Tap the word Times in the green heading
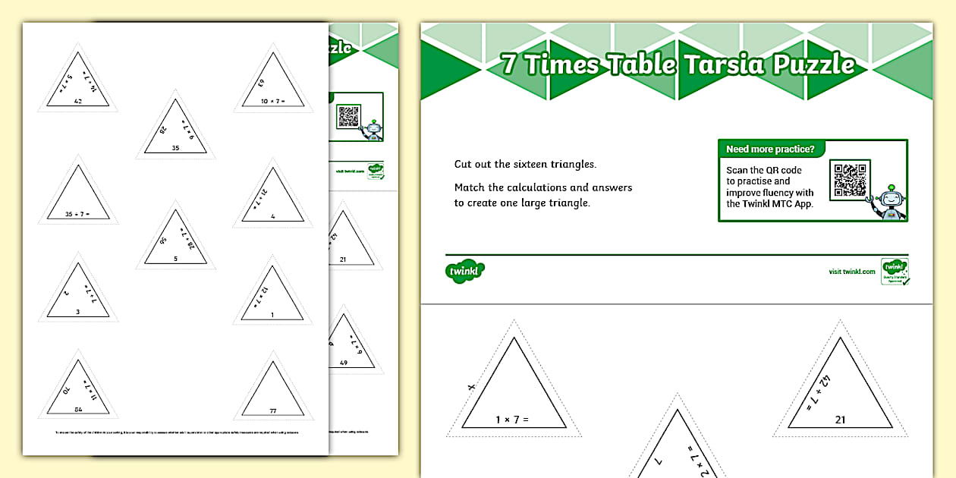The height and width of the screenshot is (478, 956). [x=560, y=65]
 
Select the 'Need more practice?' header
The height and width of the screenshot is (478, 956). [x=770, y=149]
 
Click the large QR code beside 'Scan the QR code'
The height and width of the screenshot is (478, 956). [x=849, y=180]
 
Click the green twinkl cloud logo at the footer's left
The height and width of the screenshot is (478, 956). [x=464, y=271]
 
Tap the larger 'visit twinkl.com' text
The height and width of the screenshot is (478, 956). [x=852, y=272]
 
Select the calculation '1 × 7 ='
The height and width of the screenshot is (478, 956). [x=511, y=420]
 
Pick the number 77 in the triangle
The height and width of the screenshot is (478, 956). [x=273, y=411]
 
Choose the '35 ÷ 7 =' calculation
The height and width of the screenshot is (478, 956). [x=77, y=215]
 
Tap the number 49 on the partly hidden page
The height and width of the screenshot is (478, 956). [x=343, y=363]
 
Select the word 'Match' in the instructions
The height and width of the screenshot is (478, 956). [x=470, y=187]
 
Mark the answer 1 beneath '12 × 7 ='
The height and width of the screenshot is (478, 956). [x=273, y=315]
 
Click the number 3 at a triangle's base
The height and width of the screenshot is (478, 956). [x=77, y=312]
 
